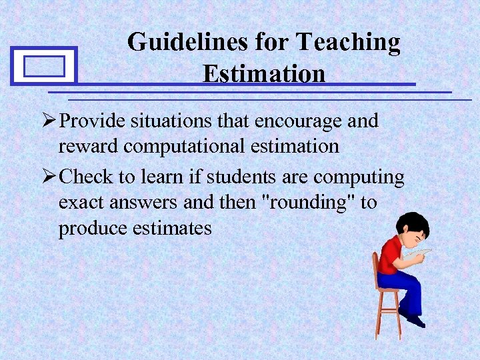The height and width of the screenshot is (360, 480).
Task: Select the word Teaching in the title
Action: coord(349,42)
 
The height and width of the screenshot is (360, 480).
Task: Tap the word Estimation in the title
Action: coord(264,73)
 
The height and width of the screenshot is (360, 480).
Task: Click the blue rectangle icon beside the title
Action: coord(44,66)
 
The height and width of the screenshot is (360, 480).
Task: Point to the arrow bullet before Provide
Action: coord(49,121)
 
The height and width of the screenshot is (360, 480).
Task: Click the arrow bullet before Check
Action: coord(49,178)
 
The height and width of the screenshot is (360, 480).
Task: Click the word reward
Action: coord(87,146)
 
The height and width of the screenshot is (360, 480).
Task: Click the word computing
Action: coord(359,178)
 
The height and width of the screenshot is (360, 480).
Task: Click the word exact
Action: coord(82,203)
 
